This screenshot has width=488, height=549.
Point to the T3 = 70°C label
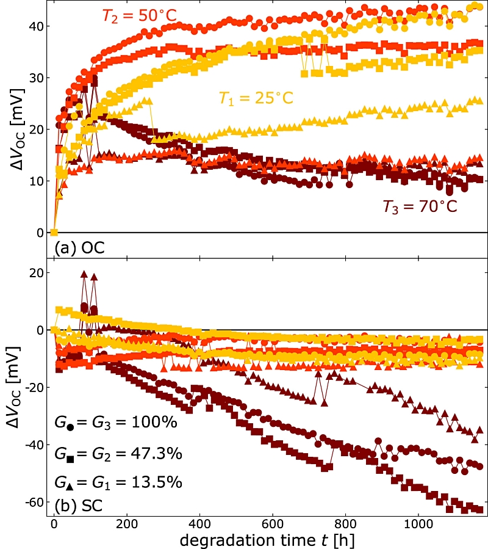[420, 206]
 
